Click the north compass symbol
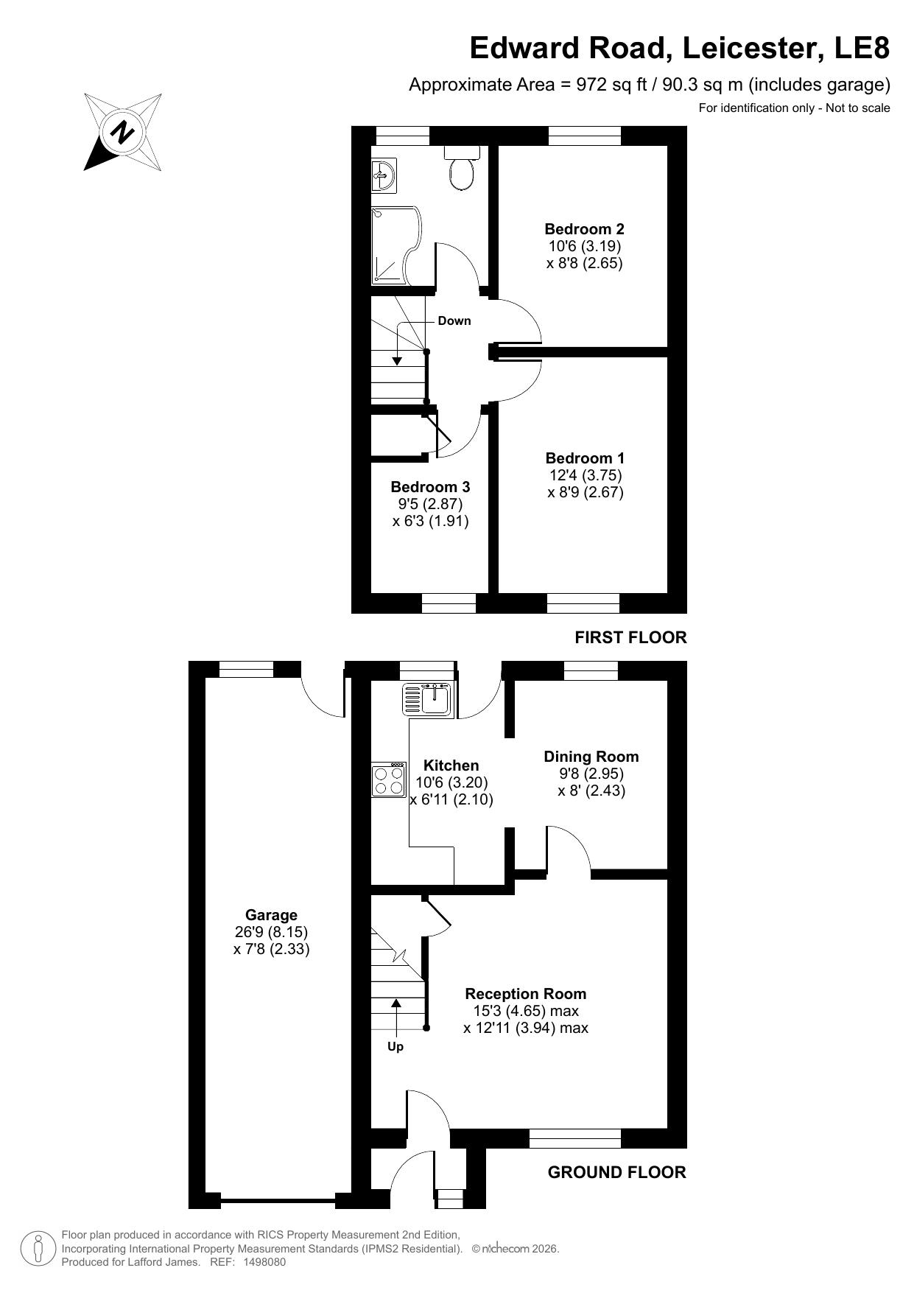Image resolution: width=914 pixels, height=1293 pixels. coord(123,132)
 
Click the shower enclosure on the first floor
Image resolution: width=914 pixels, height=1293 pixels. coord(396,245)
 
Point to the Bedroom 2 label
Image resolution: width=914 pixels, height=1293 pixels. coord(584,228)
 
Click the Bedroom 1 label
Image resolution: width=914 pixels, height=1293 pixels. coord(585,458)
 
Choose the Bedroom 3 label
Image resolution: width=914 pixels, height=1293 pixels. coord(430,487)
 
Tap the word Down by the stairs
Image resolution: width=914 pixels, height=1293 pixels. coord(454,320)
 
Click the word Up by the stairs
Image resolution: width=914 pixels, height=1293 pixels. coord(396,1046)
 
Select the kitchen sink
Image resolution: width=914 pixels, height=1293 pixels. coord(429,698)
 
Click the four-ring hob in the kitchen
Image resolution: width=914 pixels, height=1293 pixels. coord(389,780)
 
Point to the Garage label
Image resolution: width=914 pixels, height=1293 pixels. coord(271,915)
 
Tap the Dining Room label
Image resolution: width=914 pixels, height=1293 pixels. coord(591,757)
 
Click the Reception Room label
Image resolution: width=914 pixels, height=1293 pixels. coord(526,994)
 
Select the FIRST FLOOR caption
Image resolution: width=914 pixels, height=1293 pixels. coord(630,637)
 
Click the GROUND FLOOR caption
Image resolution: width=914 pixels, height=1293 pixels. coord(617,1172)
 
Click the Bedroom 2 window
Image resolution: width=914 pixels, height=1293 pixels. coord(585,136)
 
